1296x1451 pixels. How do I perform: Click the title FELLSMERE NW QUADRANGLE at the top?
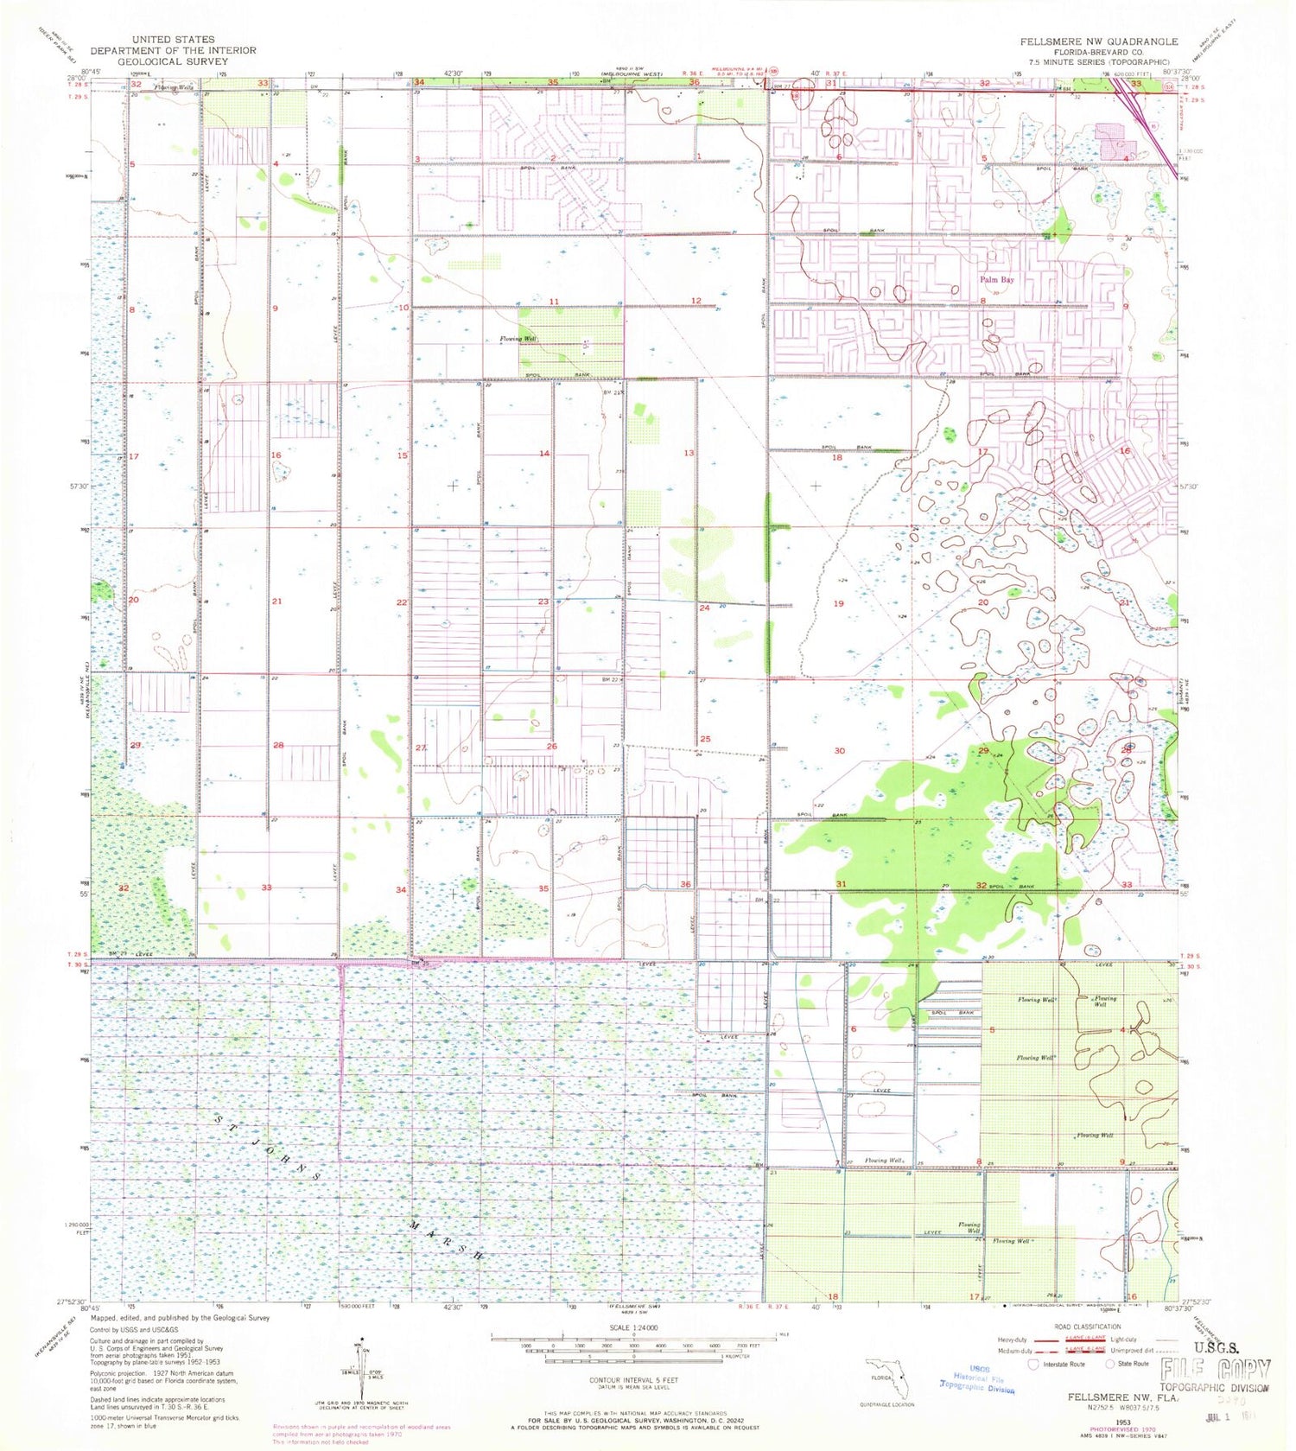click(x=1098, y=41)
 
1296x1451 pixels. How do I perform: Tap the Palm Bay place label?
click(x=996, y=280)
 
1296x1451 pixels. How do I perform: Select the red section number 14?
click(x=543, y=454)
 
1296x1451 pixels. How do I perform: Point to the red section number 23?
click(x=543, y=601)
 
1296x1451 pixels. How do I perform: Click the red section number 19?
click(x=838, y=603)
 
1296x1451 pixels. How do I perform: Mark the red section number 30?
click(x=839, y=751)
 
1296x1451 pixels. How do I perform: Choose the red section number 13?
click(x=689, y=453)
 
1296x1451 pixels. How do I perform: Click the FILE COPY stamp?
click(x=1216, y=1370)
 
